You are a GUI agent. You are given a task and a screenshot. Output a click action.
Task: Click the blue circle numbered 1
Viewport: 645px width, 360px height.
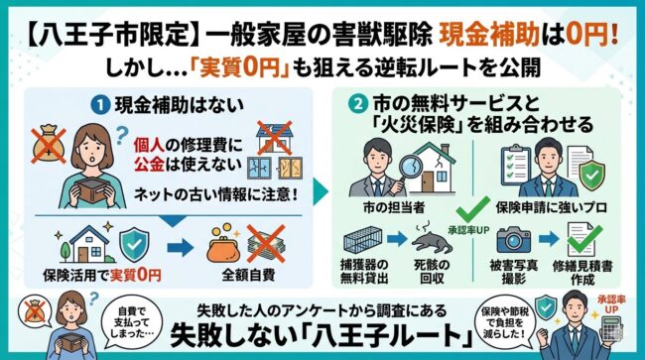[102, 103]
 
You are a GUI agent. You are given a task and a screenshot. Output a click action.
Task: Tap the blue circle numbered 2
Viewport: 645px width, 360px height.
[354, 103]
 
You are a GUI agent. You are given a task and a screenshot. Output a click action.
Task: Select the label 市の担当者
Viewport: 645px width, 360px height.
[389, 206]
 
